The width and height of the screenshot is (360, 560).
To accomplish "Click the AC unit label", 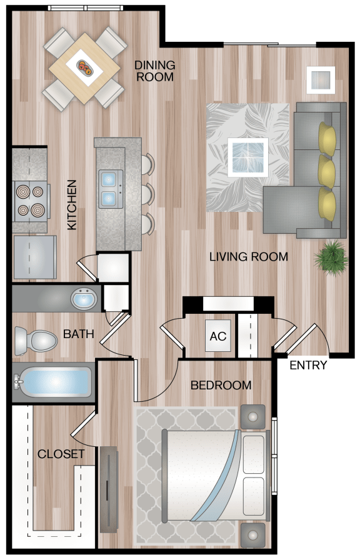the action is tap(218, 336).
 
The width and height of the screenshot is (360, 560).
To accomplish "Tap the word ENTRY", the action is tap(308, 365).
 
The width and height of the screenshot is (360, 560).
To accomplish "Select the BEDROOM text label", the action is tap(221, 385).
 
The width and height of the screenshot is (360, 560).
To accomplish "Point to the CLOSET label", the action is tap(61, 454).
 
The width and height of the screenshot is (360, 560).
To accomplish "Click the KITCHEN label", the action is tap(72, 204).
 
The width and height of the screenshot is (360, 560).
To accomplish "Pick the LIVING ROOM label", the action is tap(249, 256).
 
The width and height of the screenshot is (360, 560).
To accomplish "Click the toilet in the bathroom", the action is tap(36, 341).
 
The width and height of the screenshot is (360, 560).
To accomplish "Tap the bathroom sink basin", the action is tap(84, 299).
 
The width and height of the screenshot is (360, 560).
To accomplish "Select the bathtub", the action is tap(53, 382).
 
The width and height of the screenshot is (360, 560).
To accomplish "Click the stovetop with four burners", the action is tap(31, 201).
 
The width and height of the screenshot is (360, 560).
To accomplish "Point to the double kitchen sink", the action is tap(111, 189).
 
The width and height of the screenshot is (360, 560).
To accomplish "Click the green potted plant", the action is tap(331, 257).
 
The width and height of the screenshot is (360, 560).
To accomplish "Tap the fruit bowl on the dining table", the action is tap(85, 67).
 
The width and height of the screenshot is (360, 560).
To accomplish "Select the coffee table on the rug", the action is tap(248, 157).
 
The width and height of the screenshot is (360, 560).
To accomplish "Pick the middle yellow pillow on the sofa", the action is tap(326, 171).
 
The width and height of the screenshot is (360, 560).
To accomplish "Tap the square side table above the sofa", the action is tap(321, 80).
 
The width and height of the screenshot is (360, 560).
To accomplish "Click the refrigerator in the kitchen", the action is tap(35, 257).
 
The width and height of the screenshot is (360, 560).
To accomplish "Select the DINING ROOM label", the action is tap(155, 71).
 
